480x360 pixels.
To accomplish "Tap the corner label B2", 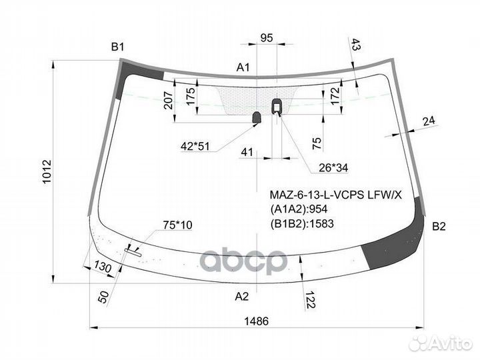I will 438,227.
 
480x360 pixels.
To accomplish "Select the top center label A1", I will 243,67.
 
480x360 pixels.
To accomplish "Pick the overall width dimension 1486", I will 257,321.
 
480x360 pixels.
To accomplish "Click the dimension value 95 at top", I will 267,38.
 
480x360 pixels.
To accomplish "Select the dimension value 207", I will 168,101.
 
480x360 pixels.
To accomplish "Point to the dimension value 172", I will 335,95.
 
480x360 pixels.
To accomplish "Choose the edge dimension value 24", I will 428,120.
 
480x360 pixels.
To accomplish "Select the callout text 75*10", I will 177,225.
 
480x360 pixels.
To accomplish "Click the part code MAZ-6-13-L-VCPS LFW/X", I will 335,195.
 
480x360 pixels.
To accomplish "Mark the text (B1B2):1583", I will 302,223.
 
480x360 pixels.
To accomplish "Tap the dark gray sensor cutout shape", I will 257,118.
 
